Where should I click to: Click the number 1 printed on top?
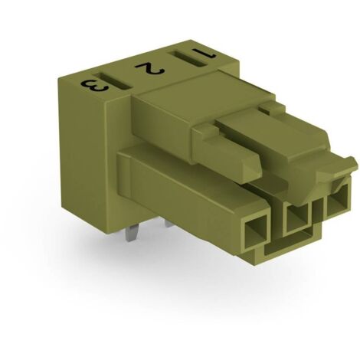point(204,53)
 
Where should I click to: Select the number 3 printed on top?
point(94,86)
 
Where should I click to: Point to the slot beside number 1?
point(187,60)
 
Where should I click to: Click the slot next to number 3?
point(113,81)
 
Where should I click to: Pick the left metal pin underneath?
point(129,234)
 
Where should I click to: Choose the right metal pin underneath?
point(169,224)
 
